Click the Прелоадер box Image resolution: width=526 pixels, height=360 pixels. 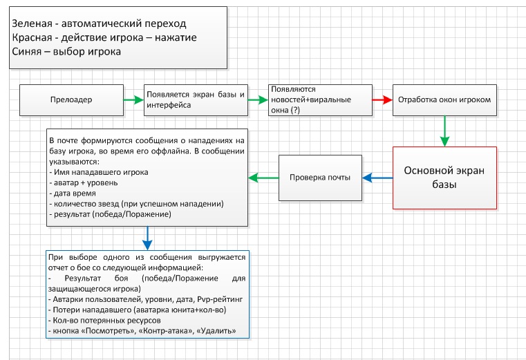click(x=71, y=100)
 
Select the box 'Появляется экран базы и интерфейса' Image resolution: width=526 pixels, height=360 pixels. click(x=196, y=100)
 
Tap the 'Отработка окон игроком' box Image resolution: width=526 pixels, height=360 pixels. click(x=444, y=100)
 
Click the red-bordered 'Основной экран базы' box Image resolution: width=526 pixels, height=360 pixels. click(x=444, y=178)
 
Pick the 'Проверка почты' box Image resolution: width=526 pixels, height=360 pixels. click(x=320, y=178)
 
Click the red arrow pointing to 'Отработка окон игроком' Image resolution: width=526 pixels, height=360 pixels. click(x=382, y=100)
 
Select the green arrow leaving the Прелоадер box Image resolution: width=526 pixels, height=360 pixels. click(x=134, y=100)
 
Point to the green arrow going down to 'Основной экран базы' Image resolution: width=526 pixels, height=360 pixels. click(x=445, y=131)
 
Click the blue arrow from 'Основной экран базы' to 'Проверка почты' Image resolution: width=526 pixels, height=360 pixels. click(x=377, y=178)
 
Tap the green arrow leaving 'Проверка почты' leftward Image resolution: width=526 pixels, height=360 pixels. click(x=263, y=178)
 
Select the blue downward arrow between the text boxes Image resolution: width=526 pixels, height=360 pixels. click(x=147, y=238)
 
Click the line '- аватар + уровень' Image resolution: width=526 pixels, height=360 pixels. click(x=84, y=183)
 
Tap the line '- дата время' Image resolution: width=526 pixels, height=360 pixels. click(x=73, y=193)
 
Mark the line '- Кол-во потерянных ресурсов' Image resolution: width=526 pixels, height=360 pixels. click(x=104, y=321)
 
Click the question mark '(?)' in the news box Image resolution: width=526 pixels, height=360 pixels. click(x=295, y=110)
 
